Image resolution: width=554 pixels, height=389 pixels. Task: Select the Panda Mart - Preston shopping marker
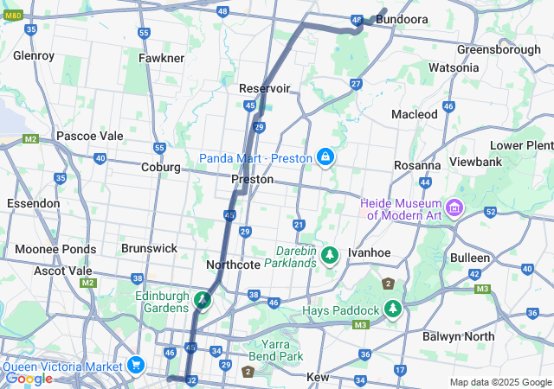pos(325,157)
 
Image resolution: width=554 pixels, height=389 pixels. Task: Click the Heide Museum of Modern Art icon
pos(455,208)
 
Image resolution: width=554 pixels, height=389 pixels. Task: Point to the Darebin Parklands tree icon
pos(329,255)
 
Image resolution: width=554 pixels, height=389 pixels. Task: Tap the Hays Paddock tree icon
pos(394,309)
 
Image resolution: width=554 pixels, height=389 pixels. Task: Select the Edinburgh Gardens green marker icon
pos(203,301)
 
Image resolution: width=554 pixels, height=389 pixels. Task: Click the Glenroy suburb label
pos(34,56)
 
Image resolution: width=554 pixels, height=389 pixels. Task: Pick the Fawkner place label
pos(161,58)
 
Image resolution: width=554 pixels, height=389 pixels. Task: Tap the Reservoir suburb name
pos(264,88)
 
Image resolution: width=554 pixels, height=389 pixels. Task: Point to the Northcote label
pos(233,265)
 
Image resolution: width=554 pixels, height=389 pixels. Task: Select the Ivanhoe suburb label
pos(370,252)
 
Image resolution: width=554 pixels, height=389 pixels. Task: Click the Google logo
pos(28,378)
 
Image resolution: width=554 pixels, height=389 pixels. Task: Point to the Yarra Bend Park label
pos(282,350)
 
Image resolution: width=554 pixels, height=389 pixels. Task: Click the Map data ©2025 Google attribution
pos(499,382)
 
